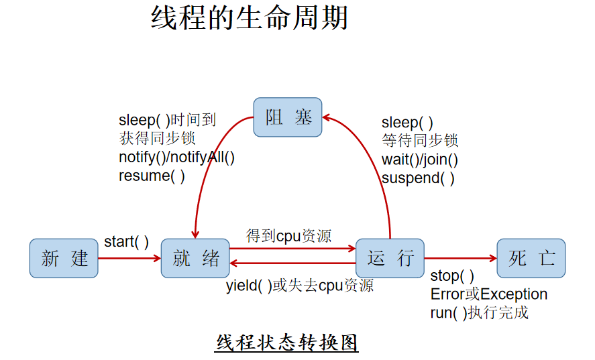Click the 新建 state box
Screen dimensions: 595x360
[x=64, y=258]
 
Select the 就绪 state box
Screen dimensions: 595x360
[x=195, y=258]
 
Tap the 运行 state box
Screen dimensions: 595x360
[x=390, y=258]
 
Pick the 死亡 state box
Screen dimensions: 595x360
[x=531, y=258]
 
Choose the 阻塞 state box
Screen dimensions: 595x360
[x=288, y=117]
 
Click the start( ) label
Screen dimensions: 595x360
[x=126, y=242]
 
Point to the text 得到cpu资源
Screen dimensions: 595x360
[x=288, y=236]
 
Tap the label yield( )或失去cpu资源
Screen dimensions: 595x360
[x=300, y=286]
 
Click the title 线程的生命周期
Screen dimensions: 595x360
[x=250, y=18]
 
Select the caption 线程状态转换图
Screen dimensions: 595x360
[x=287, y=343]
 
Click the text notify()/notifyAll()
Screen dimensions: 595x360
[x=177, y=157]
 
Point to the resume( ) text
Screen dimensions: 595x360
[x=152, y=176]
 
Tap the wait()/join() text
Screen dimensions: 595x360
[x=420, y=160]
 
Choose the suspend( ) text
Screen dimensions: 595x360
[x=418, y=178]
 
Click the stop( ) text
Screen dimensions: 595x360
[x=452, y=276]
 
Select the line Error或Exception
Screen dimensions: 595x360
[x=489, y=294]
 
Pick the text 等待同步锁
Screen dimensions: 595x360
[x=420, y=141]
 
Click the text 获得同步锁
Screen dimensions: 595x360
[x=157, y=139]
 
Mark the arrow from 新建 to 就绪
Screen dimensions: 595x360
[x=129, y=258]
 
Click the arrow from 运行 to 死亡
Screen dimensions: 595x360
[x=461, y=258]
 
